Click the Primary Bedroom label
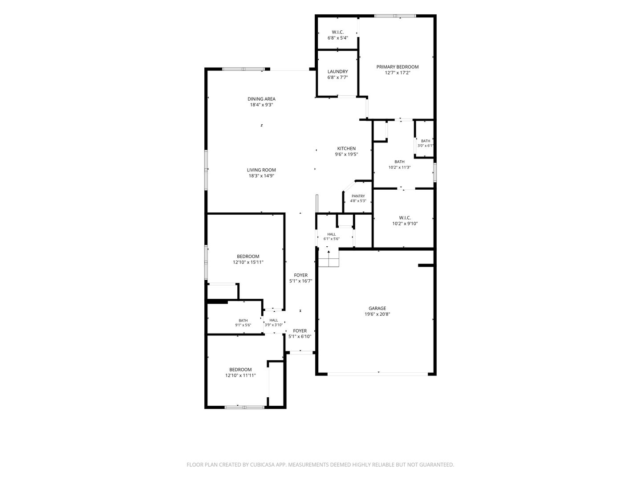pos(397,67)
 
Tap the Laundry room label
pos(337,72)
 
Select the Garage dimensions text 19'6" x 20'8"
pos(377,314)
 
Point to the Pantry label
pos(358,196)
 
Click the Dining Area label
pos(261,99)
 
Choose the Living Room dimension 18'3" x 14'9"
pos(261,176)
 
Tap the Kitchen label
pos(346,148)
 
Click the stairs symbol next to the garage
pos(329,259)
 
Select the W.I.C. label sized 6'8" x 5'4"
pos(337,32)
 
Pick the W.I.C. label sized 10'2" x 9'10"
pos(405,218)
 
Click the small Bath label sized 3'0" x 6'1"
pos(426,141)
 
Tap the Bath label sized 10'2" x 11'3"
pos(399,162)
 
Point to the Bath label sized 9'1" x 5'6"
pos(243,320)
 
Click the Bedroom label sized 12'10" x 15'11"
pos(248,257)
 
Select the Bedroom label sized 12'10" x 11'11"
pos(240,370)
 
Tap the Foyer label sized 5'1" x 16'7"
pos(301,275)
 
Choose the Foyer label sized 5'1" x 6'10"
pos(300,331)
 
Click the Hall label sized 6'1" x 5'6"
pos(332,234)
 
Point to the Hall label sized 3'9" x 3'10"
pos(274,320)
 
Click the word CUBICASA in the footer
pos(262,465)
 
